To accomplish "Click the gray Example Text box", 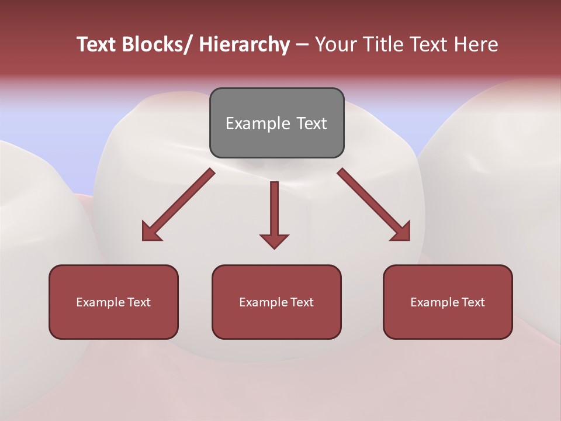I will pos(276,123).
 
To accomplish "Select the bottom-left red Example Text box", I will pos(113,302).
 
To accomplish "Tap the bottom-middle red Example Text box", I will pos(276,302).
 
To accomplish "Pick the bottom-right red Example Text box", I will pos(448,302).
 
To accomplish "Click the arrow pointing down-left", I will pos(178,205).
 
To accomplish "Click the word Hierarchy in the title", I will pos(244,44).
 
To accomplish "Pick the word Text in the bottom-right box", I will pos(472,302).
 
